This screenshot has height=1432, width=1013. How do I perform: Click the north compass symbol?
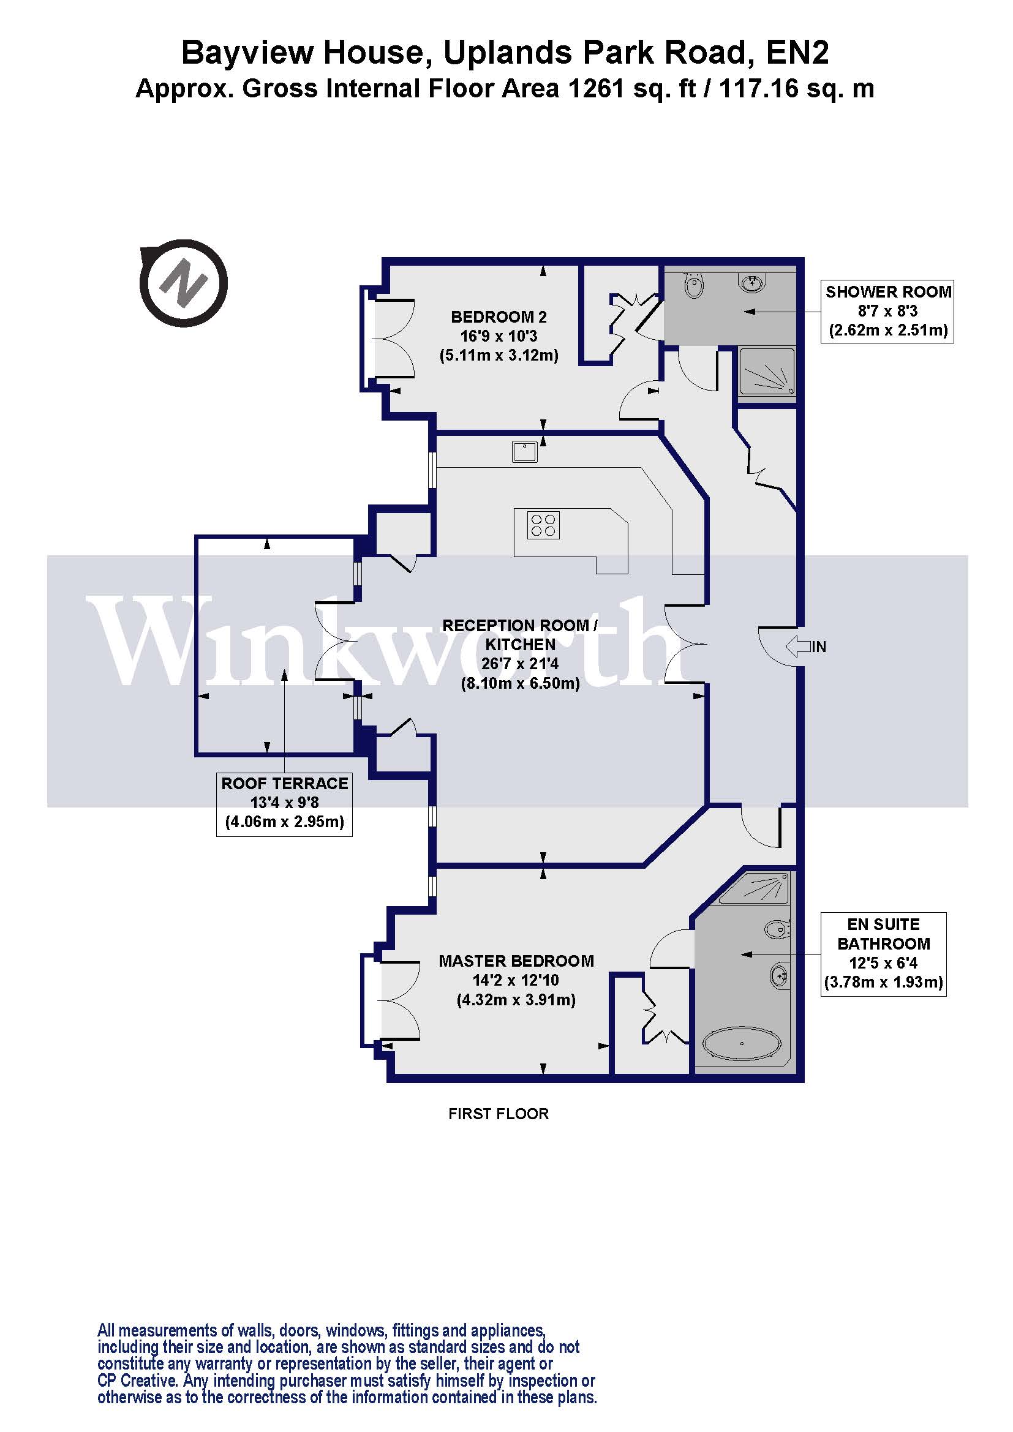tap(183, 284)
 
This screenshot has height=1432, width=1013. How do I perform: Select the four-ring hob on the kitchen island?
tap(543, 525)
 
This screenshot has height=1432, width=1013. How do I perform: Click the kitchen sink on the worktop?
tap(525, 451)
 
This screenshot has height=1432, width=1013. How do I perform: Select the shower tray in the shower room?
tap(767, 371)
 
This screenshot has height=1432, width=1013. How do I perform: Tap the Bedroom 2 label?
tap(499, 336)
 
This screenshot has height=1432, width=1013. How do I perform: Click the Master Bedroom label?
tap(516, 980)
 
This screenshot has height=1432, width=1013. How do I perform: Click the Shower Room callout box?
tap(887, 311)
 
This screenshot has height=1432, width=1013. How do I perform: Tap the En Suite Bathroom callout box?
tap(883, 954)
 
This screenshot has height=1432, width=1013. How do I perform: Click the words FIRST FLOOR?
tap(499, 1114)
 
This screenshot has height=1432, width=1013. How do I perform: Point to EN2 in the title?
tap(797, 53)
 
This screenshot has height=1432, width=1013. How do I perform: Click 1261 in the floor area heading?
tap(596, 89)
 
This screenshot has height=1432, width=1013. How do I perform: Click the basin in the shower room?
tap(753, 283)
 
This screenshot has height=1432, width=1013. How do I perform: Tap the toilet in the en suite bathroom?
tap(777, 930)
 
